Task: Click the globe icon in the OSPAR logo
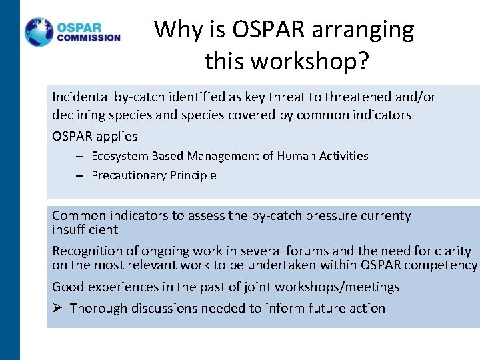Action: point(39,32)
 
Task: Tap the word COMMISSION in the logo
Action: point(89,38)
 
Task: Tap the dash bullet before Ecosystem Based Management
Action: point(79,157)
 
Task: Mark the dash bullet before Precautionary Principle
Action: point(79,176)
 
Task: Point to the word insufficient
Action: point(85,229)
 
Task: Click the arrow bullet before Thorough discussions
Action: point(57,308)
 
